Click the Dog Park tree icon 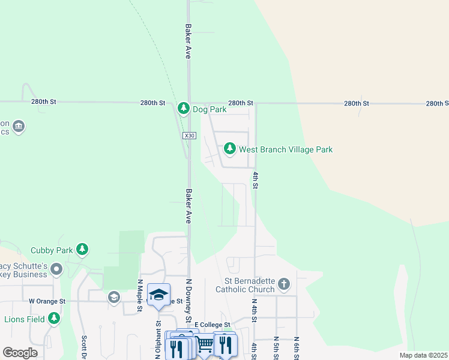coord(184,109)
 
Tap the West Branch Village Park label coord(285,149)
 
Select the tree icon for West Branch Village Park coord(229,148)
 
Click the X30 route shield coord(190,136)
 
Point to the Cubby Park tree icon coord(82,249)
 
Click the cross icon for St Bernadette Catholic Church coord(284,283)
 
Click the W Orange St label coord(46,300)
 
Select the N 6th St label coord(297,348)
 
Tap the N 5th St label coord(276,348)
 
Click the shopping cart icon coord(205,344)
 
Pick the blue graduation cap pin coord(158,295)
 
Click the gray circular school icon coord(113,297)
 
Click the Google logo coord(20,353)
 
